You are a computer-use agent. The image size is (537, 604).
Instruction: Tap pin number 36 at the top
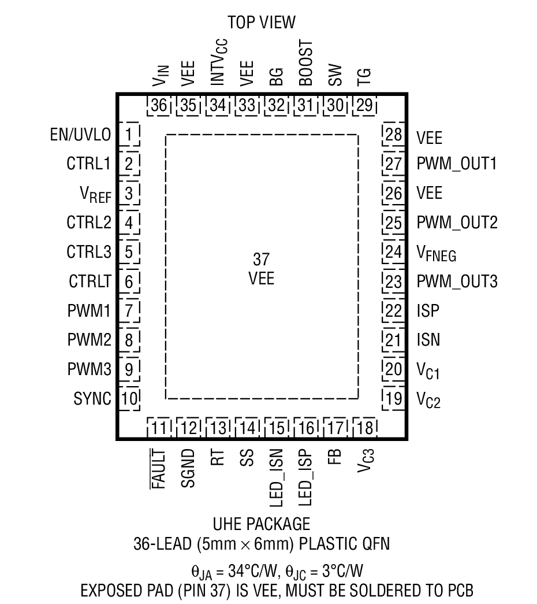point(159,106)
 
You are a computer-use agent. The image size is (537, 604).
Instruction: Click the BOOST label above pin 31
point(305,63)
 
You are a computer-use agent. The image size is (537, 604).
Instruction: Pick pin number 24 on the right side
point(394,252)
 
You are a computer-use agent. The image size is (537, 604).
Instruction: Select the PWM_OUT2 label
point(457,223)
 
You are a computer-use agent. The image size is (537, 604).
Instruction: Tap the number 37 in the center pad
point(261,259)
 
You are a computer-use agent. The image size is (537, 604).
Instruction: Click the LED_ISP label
point(307,476)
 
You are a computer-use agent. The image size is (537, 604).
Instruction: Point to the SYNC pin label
point(92,398)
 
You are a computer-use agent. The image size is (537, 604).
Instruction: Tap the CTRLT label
point(89,281)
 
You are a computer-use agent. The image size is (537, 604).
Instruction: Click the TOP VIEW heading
point(261,23)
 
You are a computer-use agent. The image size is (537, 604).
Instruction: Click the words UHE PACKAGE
point(261,524)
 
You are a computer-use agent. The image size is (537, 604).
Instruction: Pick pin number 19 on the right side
point(394,398)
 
